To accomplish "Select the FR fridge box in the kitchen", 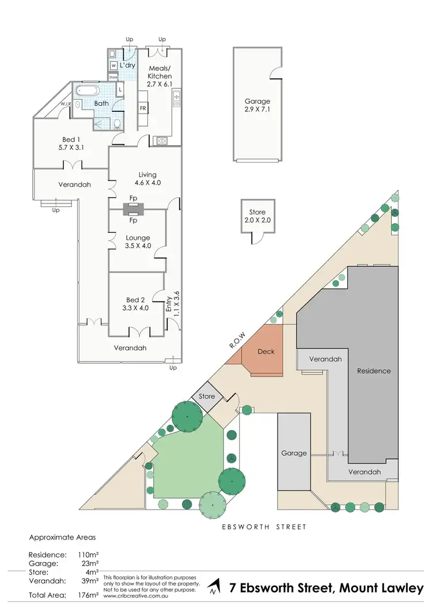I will coord(142,108).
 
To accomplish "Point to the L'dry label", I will coord(127,65).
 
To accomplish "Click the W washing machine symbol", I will coord(113,65).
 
